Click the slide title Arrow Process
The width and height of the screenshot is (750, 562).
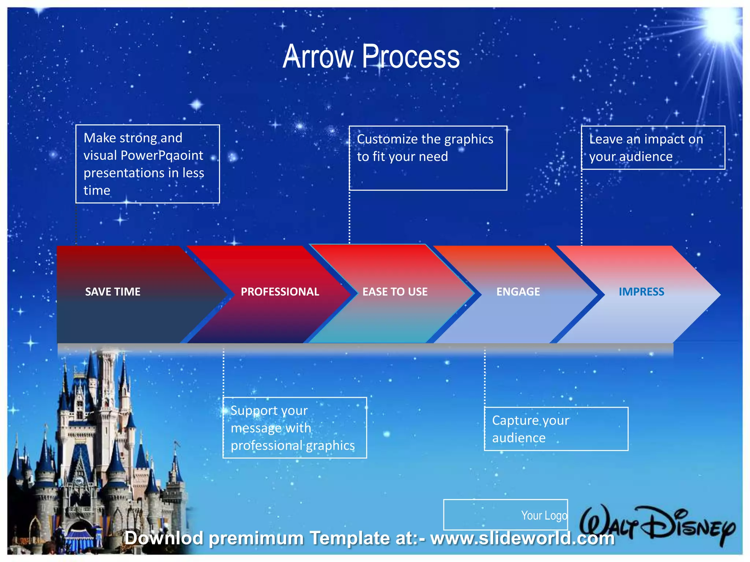[371, 57]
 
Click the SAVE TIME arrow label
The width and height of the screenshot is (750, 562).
[113, 292]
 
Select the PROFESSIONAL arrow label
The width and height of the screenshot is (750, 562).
[280, 292]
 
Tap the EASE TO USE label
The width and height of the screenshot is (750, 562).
[395, 292]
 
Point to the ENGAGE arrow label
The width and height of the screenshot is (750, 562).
[518, 292]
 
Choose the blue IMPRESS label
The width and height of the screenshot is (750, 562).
[641, 292]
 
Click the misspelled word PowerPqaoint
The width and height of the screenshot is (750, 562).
[161, 156]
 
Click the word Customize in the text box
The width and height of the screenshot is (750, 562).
[387, 139]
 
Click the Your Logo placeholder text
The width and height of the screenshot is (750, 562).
[544, 515]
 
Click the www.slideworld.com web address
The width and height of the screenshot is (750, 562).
[522, 538]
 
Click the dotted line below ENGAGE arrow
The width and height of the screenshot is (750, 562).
[485, 377]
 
